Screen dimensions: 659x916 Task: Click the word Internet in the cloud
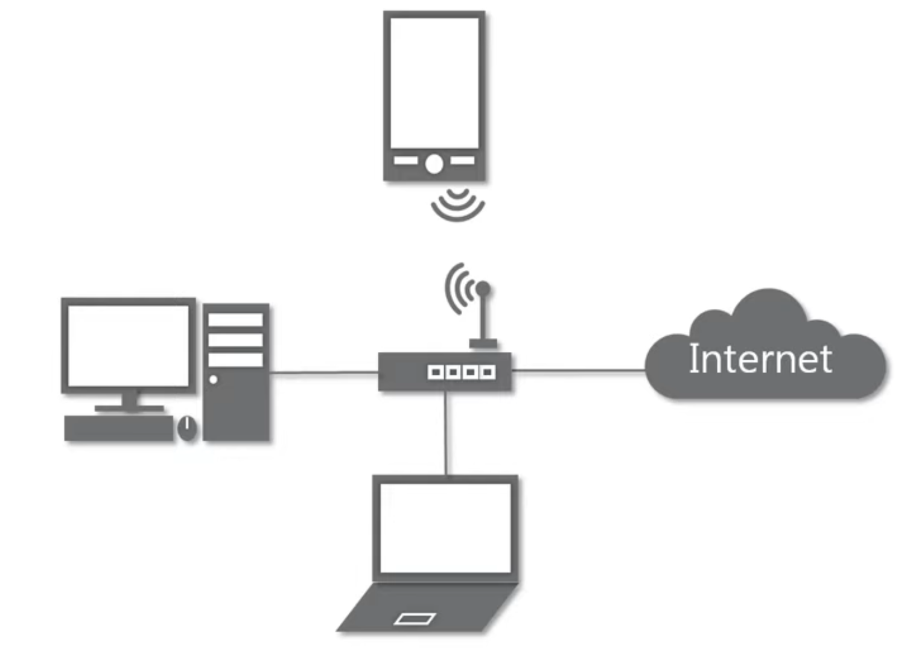click(x=760, y=358)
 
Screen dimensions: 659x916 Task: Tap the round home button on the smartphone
click(x=434, y=164)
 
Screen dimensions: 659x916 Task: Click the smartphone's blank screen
click(x=434, y=82)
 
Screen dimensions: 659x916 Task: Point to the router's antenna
click(x=483, y=314)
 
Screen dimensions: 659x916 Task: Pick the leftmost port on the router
click(x=434, y=372)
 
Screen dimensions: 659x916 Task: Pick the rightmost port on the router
click(x=488, y=372)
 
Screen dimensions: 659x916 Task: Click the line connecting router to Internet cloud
click(x=578, y=371)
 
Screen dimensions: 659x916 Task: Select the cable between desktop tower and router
click(x=323, y=373)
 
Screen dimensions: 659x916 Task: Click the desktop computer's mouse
click(x=188, y=428)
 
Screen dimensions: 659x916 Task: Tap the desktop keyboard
click(x=119, y=428)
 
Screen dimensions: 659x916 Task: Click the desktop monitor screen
click(x=129, y=345)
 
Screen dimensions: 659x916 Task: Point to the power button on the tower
click(x=213, y=380)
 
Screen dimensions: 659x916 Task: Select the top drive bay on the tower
click(x=235, y=320)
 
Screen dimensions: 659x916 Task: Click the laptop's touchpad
click(x=415, y=619)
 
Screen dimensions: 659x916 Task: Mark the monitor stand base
click(x=129, y=409)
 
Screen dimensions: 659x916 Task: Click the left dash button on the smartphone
click(x=406, y=161)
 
